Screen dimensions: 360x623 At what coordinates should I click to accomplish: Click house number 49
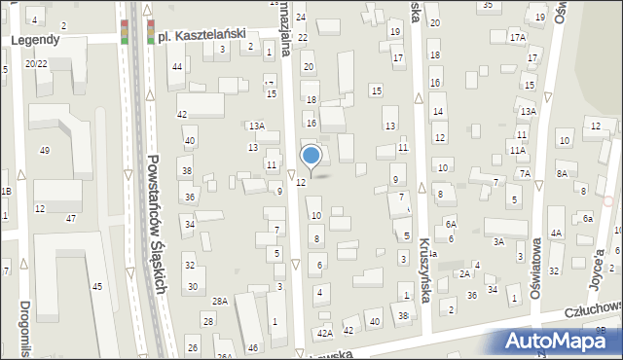click(x=44, y=150)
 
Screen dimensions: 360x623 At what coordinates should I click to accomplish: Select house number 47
click(x=70, y=218)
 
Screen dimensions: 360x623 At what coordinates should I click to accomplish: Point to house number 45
click(x=96, y=286)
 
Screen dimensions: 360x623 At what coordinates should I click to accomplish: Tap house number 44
click(x=176, y=66)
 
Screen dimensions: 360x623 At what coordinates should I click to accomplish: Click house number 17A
click(x=517, y=37)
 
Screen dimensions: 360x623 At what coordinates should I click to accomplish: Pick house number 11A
click(x=517, y=151)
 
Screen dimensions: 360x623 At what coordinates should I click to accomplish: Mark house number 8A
click(x=562, y=173)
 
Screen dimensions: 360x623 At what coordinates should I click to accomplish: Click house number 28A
click(x=220, y=302)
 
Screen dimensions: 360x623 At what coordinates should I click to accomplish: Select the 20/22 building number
click(x=35, y=63)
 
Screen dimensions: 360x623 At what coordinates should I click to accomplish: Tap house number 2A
click(x=465, y=274)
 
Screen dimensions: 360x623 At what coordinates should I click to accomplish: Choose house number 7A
click(x=525, y=173)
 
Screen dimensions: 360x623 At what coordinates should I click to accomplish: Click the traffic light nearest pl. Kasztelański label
click(x=151, y=32)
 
